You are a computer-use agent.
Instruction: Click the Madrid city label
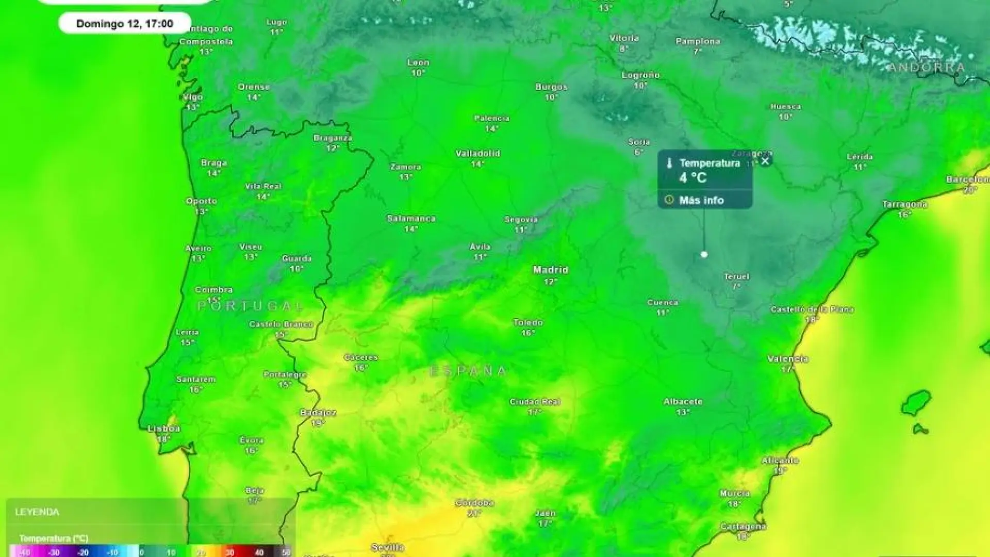(x=550, y=270)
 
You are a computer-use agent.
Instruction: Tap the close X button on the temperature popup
(x=765, y=161)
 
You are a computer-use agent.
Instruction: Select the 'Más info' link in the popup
(x=701, y=200)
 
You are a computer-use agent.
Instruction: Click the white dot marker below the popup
(x=704, y=254)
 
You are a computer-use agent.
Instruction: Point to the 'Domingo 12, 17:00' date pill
(x=125, y=23)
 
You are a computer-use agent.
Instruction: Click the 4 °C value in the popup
(x=692, y=178)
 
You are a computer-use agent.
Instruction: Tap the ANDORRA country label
(x=926, y=67)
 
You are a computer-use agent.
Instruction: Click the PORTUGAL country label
(x=251, y=306)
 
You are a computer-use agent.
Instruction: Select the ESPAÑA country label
(x=468, y=371)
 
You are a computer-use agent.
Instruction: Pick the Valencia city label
(x=787, y=359)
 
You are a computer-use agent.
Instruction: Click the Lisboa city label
(x=164, y=429)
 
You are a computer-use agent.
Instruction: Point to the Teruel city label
(x=736, y=276)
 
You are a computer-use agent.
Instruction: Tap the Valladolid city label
(x=477, y=153)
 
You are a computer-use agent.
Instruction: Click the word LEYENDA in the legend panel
(x=37, y=512)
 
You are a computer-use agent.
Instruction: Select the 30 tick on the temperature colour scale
(x=230, y=552)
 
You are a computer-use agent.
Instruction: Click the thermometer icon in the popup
(x=669, y=163)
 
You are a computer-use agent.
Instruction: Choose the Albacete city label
(x=683, y=401)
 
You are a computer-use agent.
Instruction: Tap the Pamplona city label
(x=698, y=41)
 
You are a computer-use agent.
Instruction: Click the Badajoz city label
(x=318, y=413)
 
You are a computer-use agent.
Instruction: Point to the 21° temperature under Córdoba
(x=474, y=513)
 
